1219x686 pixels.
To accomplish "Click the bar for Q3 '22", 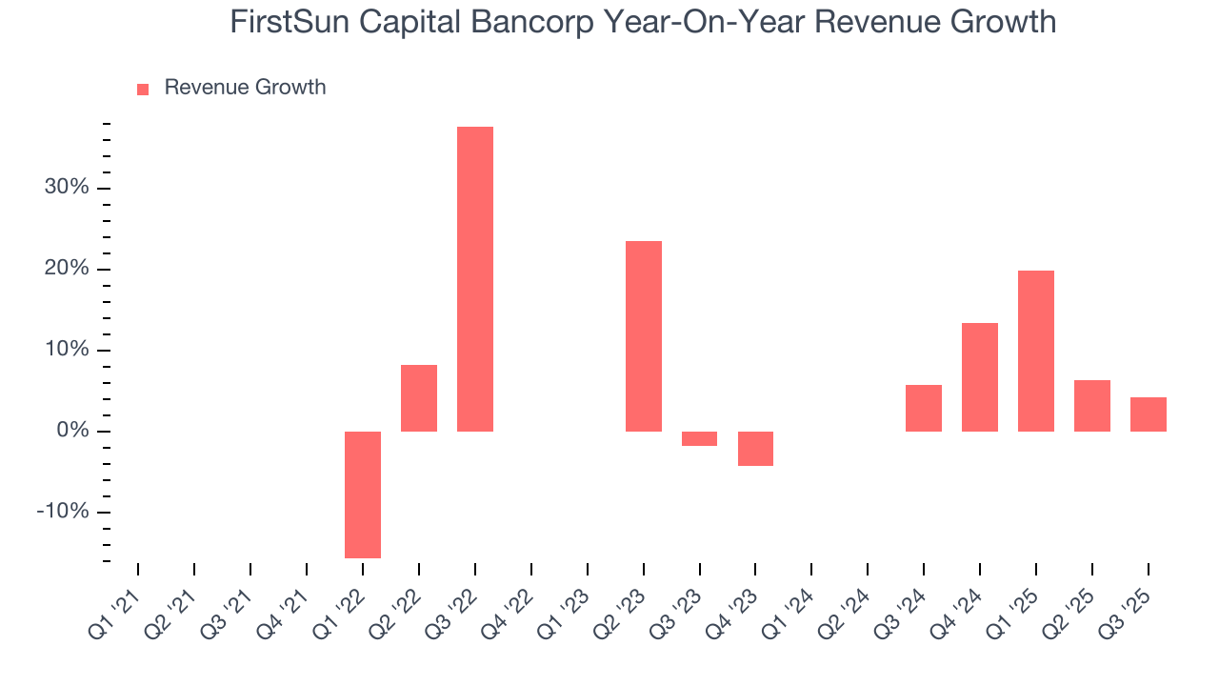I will point(475,278).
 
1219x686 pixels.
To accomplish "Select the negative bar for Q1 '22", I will point(363,494).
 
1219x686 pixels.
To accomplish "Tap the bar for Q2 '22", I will point(419,398).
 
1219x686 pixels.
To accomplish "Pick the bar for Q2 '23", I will point(644,335).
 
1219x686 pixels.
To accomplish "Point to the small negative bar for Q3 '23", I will point(700,438).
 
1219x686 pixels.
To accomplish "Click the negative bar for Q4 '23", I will point(755,449).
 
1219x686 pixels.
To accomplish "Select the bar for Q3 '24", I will point(924,408).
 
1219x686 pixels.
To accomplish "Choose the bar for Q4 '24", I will point(980,377).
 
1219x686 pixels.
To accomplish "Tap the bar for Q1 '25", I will point(1036,351).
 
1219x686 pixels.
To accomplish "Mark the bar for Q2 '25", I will point(1092,406).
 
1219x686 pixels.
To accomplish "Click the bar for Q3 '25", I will point(1149,414).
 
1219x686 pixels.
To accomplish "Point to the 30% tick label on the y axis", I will point(67,188).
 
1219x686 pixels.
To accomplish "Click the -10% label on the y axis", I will point(63,513).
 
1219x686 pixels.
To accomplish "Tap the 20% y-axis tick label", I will point(67,269).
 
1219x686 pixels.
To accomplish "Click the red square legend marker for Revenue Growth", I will point(143,90).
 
